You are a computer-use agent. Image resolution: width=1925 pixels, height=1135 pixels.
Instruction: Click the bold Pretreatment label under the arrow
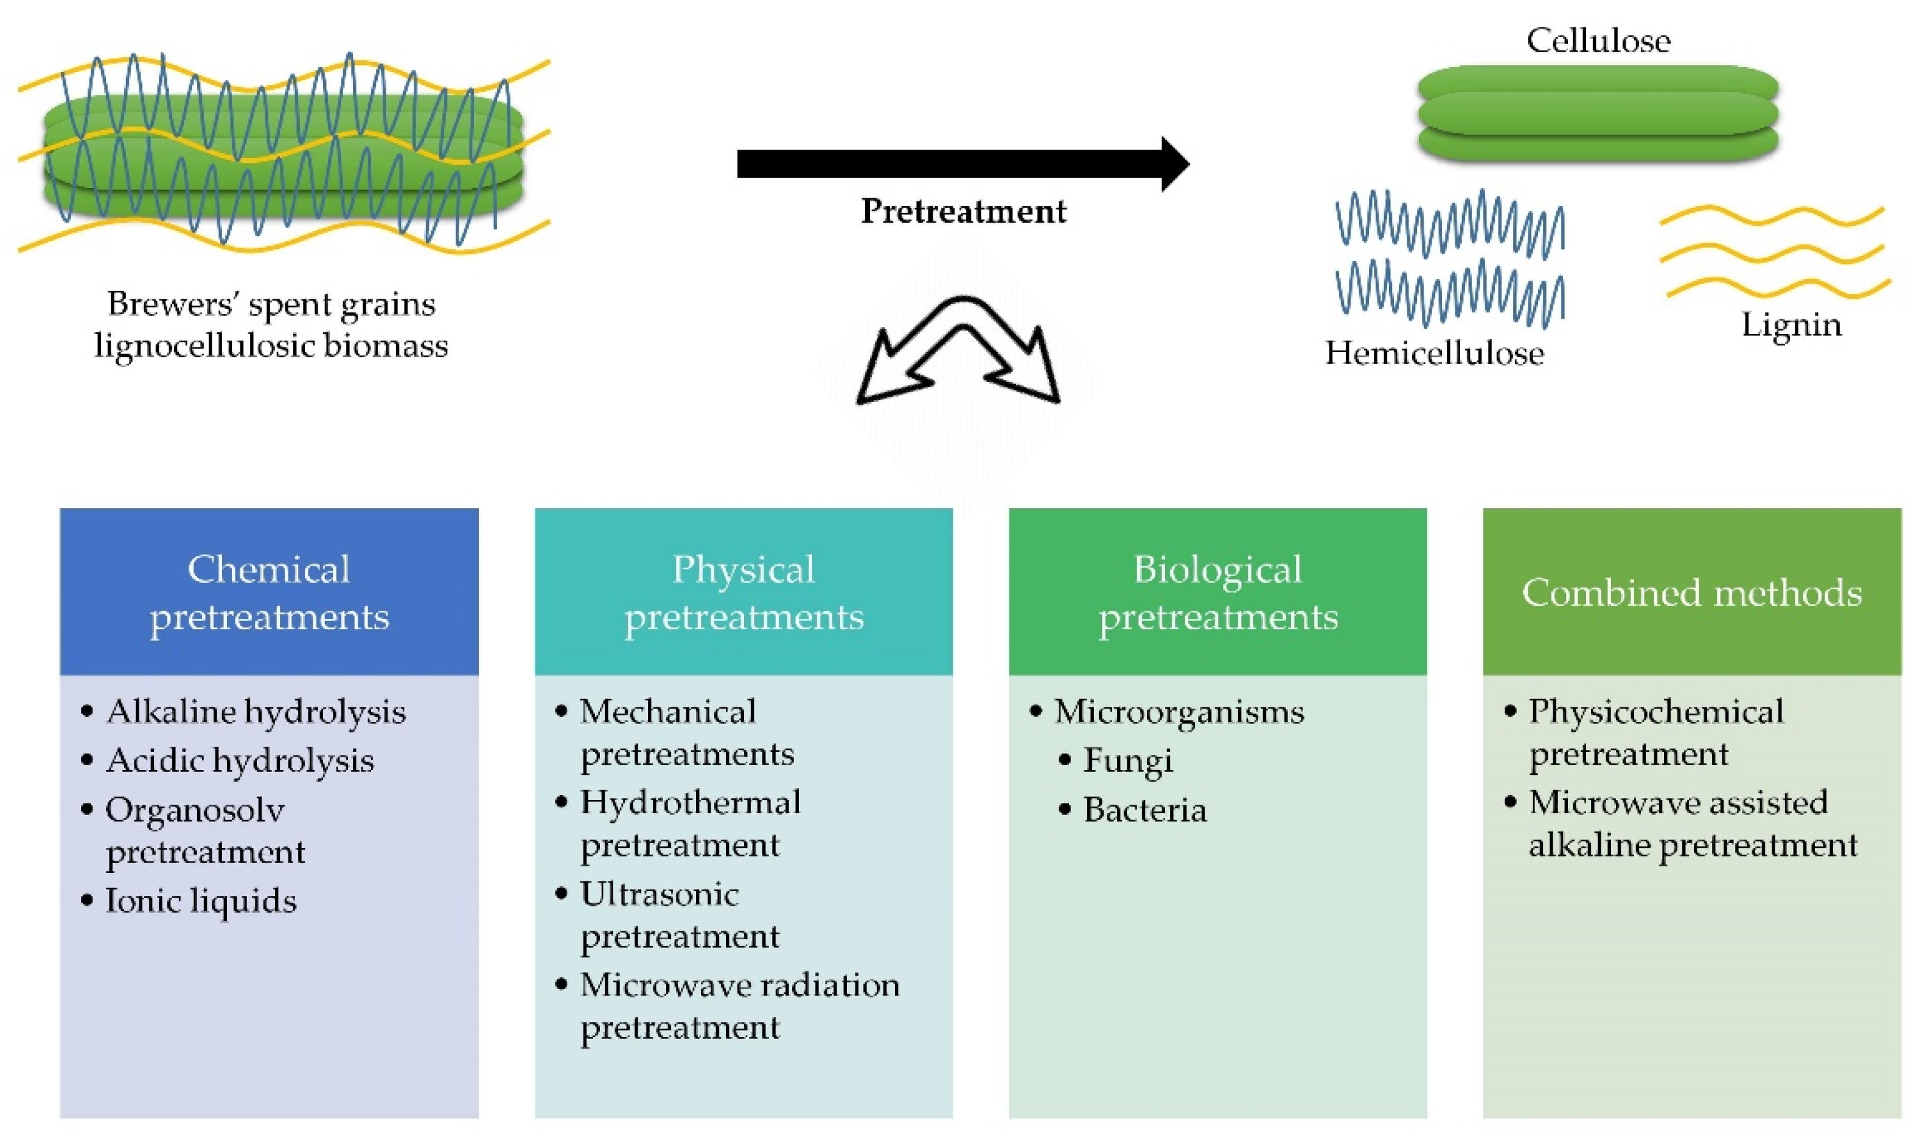pyautogui.click(x=963, y=211)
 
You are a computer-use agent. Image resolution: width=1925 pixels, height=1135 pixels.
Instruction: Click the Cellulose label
pyautogui.click(x=1598, y=41)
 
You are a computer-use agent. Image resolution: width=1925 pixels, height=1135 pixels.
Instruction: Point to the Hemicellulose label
pyautogui.click(x=1434, y=353)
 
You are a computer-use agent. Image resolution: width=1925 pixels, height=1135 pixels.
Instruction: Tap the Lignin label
pyautogui.click(x=1791, y=325)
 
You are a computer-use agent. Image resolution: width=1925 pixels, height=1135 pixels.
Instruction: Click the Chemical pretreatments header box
pyautogui.click(x=269, y=591)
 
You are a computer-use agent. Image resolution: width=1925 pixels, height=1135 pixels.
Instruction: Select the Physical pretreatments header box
pyautogui.click(x=743, y=591)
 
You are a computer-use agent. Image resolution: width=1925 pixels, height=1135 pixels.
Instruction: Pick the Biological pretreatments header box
pyautogui.click(x=1217, y=591)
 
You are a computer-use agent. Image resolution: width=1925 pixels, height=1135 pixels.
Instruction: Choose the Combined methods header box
pyautogui.click(x=1692, y=591)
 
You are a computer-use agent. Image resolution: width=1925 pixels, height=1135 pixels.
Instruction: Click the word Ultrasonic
pyautogui.click(x=660, y=894)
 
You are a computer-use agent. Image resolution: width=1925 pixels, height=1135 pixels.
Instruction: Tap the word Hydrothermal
pyautogui.click(x=690, y=803)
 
